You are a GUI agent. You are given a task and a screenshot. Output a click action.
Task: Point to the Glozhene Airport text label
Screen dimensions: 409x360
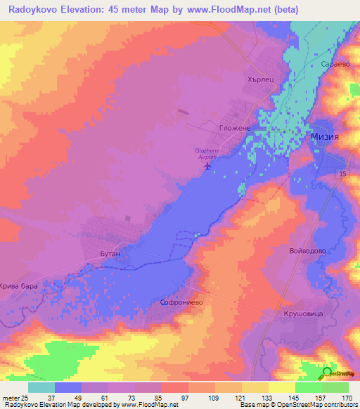click(x=206, y=156)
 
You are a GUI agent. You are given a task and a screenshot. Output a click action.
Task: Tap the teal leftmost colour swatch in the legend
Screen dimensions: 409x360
click(x=41, y=387)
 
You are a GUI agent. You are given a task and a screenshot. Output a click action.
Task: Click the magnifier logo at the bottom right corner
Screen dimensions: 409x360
click(x=327, y=372)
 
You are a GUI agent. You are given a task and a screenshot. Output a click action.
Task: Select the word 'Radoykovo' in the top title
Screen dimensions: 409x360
click(x=36, y=10)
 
